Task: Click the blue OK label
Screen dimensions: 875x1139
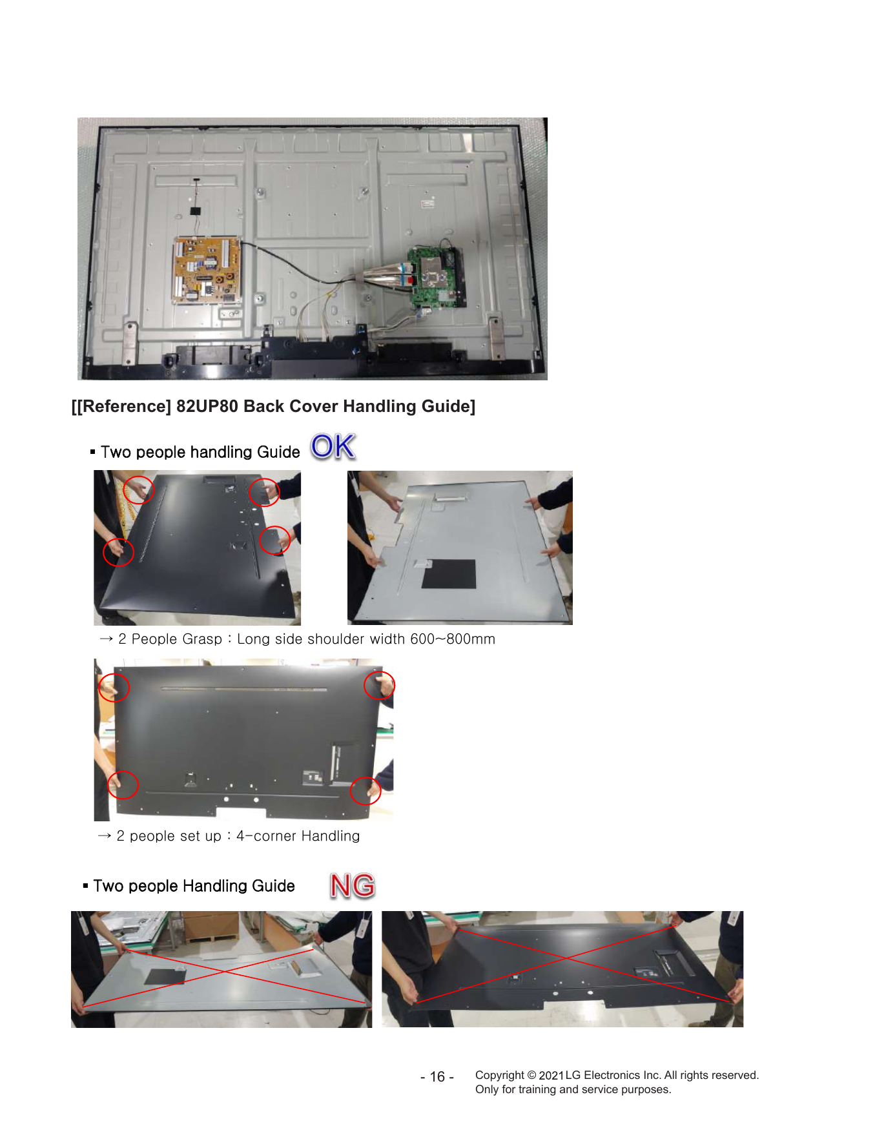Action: click(x=333, y=447)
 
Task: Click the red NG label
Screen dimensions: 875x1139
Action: click(x=353, y=885)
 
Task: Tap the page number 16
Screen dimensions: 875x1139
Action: click(x=437, y=1076)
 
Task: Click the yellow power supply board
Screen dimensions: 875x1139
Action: click(x=206, y=270)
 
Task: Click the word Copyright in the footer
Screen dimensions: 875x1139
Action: click(x=500, y=1075)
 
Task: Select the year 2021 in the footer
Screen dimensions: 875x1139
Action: click(x=551, y=1075)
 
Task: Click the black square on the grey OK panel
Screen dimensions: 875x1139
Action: click(x=449, y=574)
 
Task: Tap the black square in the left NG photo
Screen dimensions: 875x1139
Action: click(x=165, y=976)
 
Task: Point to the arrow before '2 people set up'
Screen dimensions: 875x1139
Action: click(x=105, y=836)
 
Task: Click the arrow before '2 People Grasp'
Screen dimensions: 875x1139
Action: click(x=107, y=639)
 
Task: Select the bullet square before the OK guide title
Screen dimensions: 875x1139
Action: click(x=93, y=451)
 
